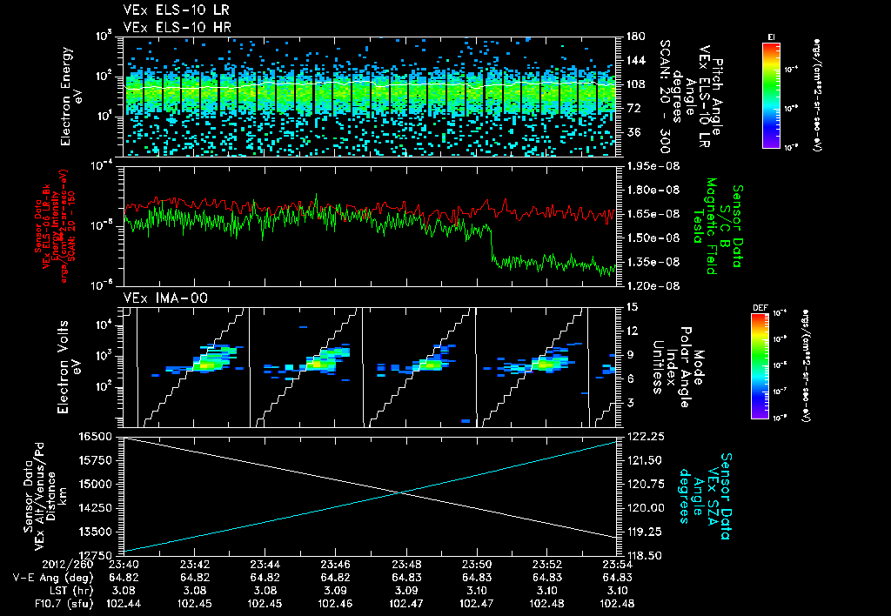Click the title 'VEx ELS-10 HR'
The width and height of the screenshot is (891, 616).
(x=171, y=27)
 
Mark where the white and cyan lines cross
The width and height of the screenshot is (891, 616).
(x=402, y=493)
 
